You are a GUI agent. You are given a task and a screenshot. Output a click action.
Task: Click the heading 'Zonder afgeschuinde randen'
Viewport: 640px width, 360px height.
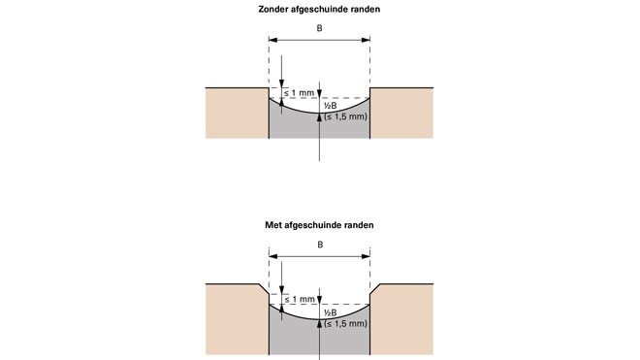(x=319, y=9)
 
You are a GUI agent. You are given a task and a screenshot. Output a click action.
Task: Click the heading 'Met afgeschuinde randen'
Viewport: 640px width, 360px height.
(x=319, y=225)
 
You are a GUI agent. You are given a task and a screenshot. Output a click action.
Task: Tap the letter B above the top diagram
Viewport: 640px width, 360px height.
(x=320, y=28)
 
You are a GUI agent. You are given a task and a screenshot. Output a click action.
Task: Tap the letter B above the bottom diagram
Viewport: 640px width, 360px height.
(x=320, y=245)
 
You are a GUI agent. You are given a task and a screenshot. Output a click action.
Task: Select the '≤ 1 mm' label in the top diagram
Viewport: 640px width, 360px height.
(x=300, y=93)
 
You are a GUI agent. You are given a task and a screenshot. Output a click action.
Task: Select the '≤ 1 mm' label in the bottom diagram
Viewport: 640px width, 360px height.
(x=300, y=300)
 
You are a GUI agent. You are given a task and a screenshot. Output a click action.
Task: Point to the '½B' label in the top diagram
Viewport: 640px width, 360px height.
(x=331, y=106)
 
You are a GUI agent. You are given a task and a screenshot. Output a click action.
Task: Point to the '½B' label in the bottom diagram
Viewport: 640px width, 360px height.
(x=331, y=313)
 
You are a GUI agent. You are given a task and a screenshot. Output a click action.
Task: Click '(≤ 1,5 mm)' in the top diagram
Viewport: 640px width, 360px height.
(x=346, y=116)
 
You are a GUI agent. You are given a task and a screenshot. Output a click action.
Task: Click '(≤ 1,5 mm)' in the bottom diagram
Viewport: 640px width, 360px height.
(x=346, y=324)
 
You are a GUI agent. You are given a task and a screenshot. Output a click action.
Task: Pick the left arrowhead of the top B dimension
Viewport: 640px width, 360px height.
(x=273, y=40)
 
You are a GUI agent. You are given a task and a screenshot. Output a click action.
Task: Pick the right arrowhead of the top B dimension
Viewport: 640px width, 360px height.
(x=366, y=40)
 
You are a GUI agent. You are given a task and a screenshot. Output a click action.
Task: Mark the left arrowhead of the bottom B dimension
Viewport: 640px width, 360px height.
(x=273, y=256)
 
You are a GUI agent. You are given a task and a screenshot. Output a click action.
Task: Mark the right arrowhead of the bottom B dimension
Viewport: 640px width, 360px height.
(x=366, y=256)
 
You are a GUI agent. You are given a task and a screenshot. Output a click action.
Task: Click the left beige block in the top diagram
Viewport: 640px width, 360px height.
(x=237, y=113)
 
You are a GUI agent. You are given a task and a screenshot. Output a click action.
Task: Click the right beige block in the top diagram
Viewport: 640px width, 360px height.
(x=401, y=113)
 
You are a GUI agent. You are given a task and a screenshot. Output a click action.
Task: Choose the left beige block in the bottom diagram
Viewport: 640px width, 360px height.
(x=237, y=319)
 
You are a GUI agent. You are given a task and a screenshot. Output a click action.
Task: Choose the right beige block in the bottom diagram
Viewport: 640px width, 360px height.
(x=401, y=319)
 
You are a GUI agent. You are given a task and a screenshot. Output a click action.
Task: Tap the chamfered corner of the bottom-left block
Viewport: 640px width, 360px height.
(x=264, y=289)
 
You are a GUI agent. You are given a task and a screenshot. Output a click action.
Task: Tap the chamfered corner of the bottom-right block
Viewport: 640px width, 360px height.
(x=375, y=289)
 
